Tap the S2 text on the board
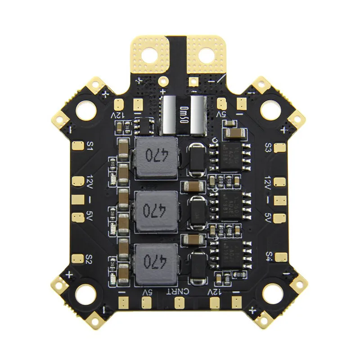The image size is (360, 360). click(x=89, y=259)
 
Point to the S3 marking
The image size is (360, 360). click(x=268, y=147)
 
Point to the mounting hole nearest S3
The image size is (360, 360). click(x=271, y=108)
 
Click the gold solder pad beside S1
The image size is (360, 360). click(x=77, y=145)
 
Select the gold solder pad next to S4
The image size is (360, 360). click(x=282, y=256)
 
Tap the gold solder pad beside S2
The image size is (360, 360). click(x=77, y=259)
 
